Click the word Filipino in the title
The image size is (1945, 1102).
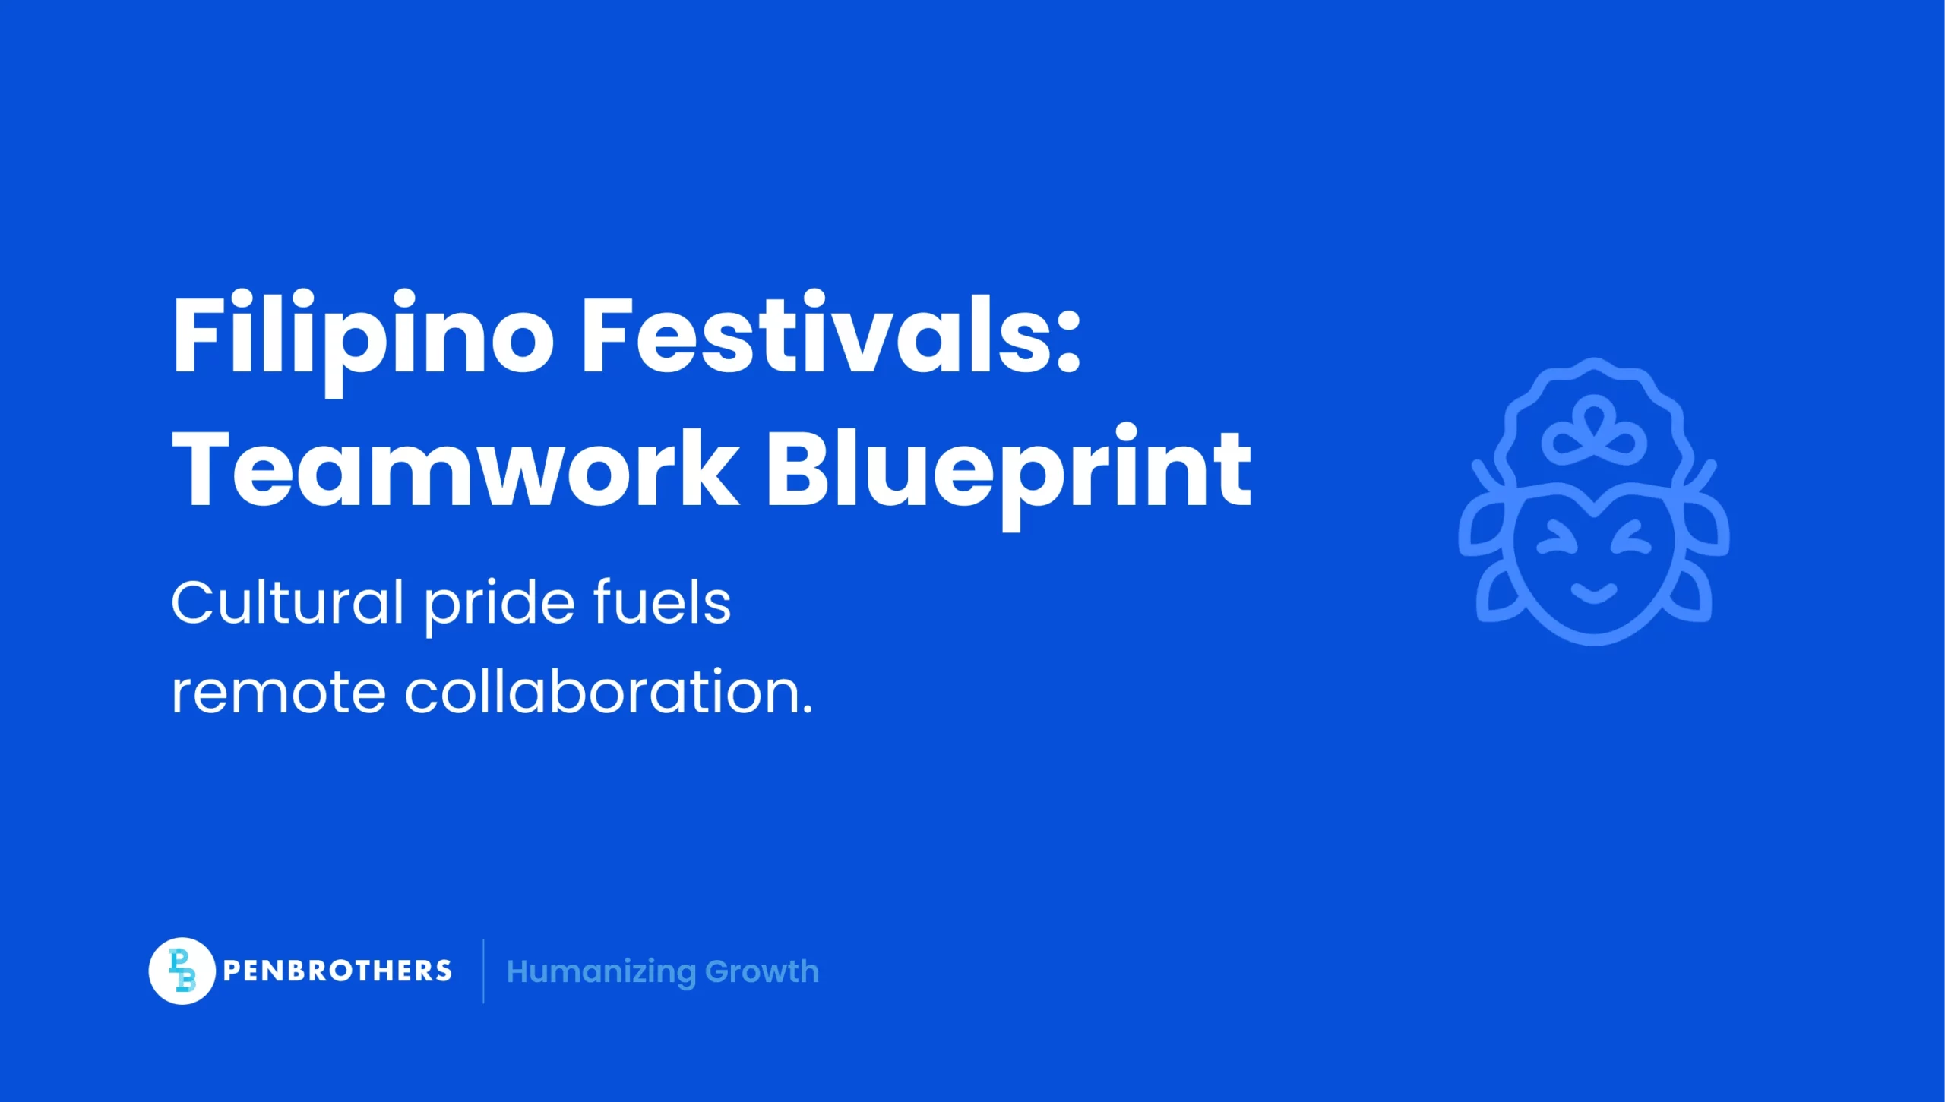coord(363,336)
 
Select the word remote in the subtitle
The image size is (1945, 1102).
coord(278,693)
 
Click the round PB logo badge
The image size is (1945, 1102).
coord(182,971)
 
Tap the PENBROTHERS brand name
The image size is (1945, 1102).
coord(337,971)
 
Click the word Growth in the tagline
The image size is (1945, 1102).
coord(762,971)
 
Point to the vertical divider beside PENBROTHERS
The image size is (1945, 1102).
coord(483,971)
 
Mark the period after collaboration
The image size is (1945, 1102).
coord(807,711)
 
